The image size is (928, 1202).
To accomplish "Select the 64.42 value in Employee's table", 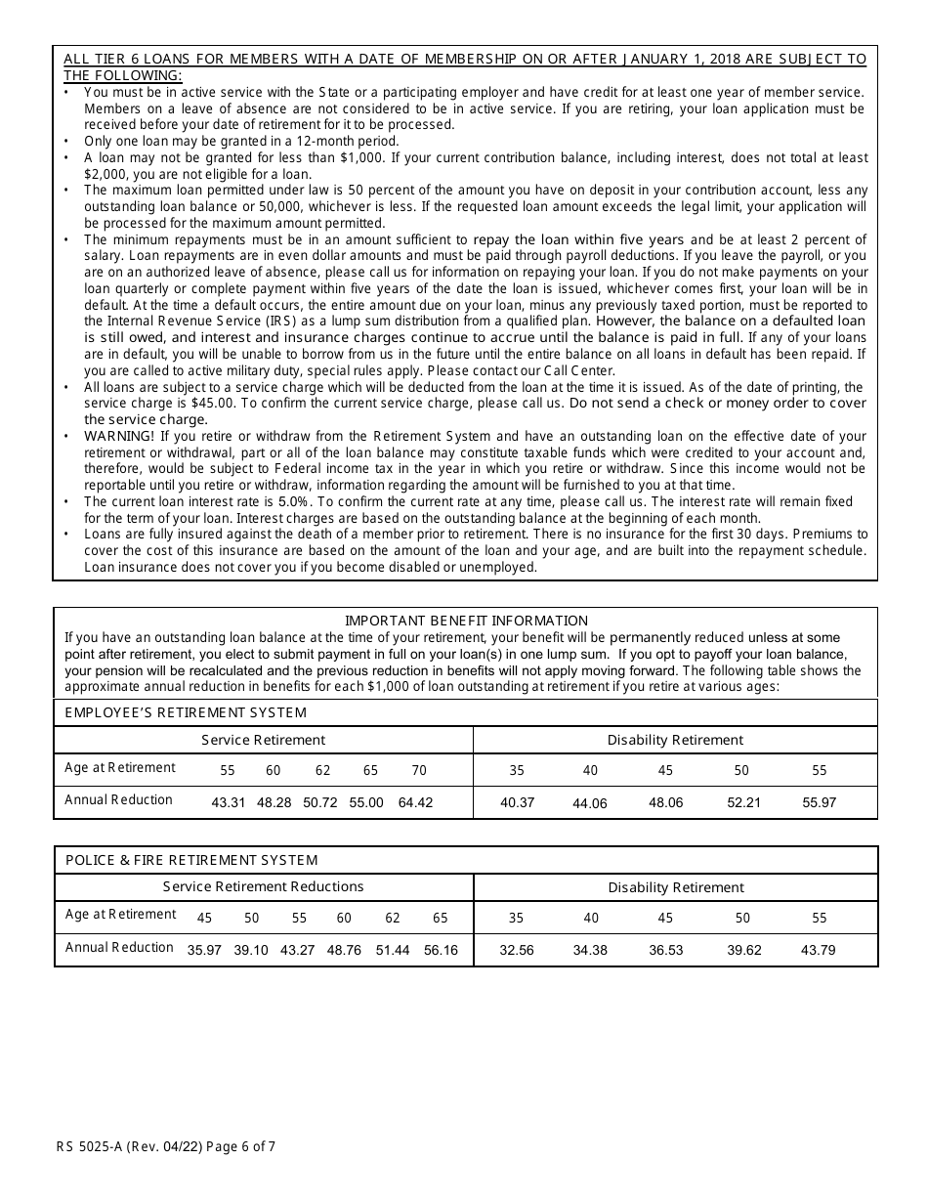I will coord(415,802).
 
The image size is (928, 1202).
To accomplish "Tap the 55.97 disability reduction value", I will coord(819,802).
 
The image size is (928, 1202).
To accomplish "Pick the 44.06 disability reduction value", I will coord(590,803).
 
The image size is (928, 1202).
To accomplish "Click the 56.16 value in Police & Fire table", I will coord(441,950).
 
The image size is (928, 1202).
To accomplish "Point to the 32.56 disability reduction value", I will coord(516,950).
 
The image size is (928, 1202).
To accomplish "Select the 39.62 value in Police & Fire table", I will coord(743,950).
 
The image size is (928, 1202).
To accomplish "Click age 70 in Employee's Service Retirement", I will coord(419,770).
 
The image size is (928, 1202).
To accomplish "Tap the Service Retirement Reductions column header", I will coord(263,886).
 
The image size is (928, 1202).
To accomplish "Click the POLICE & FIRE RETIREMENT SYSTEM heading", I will coord(191,860).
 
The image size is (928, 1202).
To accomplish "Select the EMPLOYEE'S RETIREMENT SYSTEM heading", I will coord(186,712).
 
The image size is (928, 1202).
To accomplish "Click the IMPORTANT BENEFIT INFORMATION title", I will coord(466,621).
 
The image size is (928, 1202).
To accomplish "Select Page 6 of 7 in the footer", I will coord(242,1147).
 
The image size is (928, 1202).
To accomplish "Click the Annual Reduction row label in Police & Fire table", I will coord(119,947).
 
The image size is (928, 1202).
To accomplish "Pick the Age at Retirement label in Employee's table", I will coord(120,767).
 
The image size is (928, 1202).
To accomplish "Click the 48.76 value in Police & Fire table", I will coord(344,950).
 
